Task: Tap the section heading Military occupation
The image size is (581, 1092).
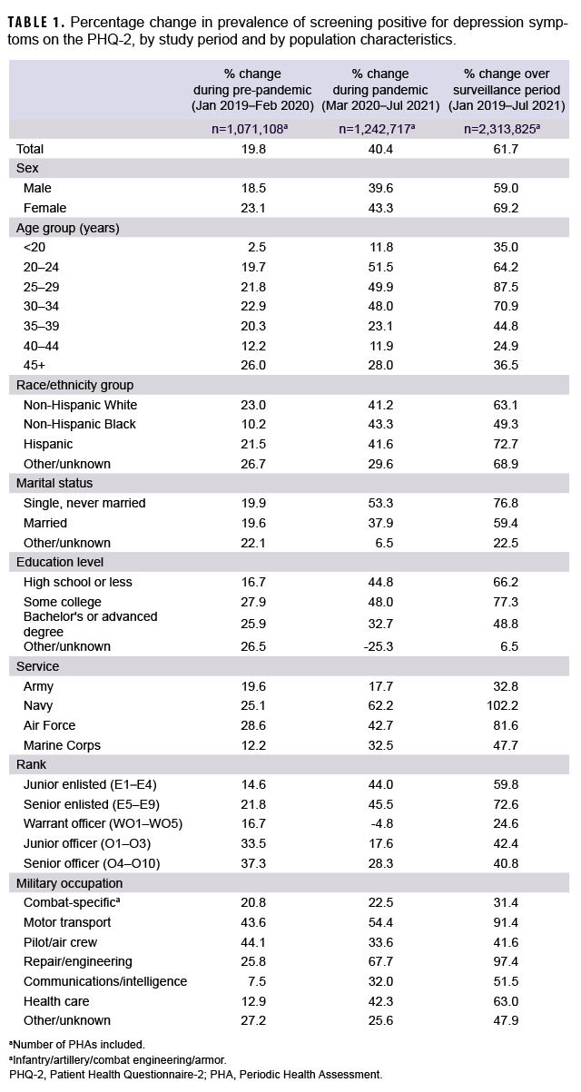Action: point(70,882)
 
